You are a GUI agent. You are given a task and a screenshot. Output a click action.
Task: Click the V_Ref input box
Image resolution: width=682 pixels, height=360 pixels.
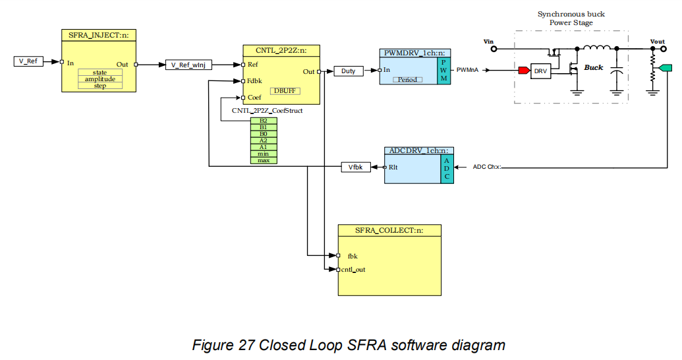point(28,61)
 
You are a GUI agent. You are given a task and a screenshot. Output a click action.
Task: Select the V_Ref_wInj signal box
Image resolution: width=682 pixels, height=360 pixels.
point(188,65)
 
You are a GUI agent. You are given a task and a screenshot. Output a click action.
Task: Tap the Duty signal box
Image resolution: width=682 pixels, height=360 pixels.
point(348,71)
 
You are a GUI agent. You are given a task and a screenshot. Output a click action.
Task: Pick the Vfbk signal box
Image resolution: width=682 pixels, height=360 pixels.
point(355,167)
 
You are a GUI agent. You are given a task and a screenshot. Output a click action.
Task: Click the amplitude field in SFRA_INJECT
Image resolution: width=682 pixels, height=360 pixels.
point(99,79)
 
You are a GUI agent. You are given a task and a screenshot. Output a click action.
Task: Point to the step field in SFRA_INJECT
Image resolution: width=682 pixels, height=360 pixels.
point(99,86)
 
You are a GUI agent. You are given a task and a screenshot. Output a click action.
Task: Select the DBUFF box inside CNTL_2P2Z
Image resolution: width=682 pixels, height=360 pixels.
point(285,90)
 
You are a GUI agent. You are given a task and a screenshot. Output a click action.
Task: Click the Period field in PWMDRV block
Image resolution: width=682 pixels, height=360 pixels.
point(408,79)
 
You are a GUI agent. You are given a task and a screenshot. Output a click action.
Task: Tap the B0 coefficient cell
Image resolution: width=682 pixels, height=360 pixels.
point(264,134)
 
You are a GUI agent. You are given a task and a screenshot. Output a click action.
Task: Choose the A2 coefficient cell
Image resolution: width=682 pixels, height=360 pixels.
point(264,140)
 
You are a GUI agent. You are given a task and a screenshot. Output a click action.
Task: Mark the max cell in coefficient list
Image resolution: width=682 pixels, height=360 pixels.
point(264,160)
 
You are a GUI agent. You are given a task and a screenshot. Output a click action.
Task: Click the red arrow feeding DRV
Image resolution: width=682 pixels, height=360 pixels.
point(524,70)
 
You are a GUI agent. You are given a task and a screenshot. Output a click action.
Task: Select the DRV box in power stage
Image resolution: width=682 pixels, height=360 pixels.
point(540,71)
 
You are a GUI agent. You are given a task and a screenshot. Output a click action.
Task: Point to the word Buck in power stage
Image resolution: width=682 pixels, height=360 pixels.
point(594,67)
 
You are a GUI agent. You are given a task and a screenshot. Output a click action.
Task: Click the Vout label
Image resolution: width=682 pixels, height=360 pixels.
point(657,42)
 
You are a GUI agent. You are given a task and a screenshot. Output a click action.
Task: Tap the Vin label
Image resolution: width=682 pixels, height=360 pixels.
point(489,42)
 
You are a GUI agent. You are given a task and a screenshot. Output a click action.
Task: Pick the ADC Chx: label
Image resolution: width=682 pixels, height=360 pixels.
point(487,167)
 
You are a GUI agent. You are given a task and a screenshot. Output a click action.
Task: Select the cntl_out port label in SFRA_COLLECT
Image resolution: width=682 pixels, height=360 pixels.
point(353,269)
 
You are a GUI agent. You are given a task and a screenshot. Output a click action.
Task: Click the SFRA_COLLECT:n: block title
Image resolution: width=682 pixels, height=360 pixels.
point(389,230)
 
